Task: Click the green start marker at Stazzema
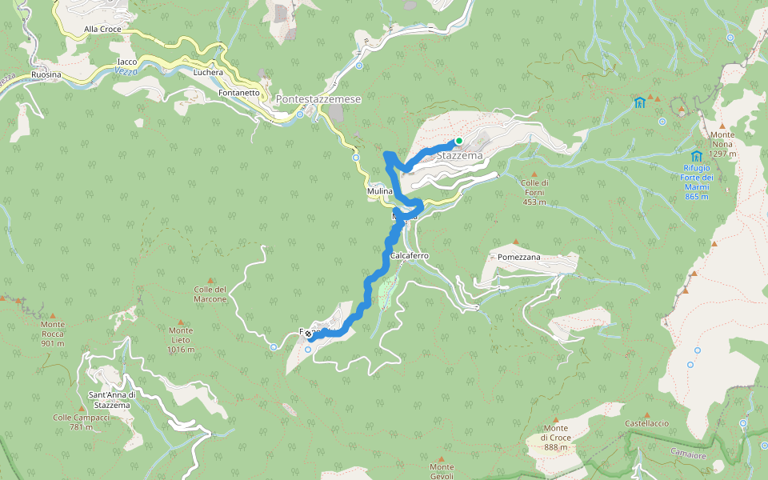tap(459, 142)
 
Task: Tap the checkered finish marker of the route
tap(308, 334)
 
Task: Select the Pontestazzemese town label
tap(318, 99)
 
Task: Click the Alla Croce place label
tap(102, 30)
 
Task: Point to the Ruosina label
tap(46, 74)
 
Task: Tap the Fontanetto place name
tap(238, 93)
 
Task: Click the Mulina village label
tap(379, 192)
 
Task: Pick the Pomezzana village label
tap(519, 258)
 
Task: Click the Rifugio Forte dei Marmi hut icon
tap(696, 156)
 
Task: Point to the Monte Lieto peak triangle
tap(180, 318)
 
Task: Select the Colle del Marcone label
tap(210, 294)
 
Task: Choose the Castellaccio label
tap(646, 422)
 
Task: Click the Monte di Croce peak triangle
tap(554, 417)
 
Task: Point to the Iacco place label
tap(127, 62)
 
